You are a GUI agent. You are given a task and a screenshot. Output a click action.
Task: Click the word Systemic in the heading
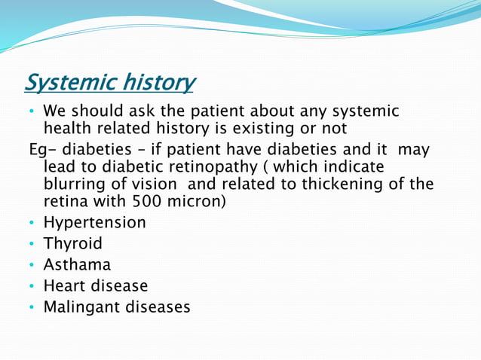69,81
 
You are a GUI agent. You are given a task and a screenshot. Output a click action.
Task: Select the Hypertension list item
94,222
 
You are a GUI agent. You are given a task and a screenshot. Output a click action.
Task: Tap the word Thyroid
72,243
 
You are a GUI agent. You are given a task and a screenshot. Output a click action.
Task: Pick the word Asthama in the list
77,264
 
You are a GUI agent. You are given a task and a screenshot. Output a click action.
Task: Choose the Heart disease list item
95,285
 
